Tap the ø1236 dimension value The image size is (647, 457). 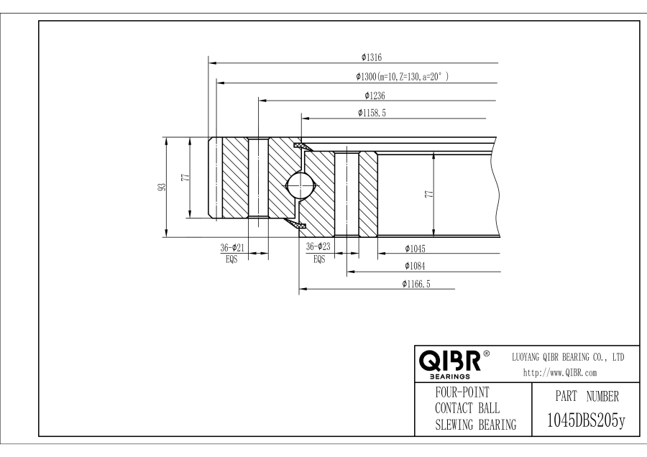click(375, 95)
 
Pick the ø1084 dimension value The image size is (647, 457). click(416, 266)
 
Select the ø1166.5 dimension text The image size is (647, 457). click(416, 285)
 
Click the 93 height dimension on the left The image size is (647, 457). click(162, 186)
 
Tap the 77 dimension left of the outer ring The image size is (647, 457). click(185, 177)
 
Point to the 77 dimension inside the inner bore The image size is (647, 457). click(428, 194)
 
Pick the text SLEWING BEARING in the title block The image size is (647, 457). click(477, 425)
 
